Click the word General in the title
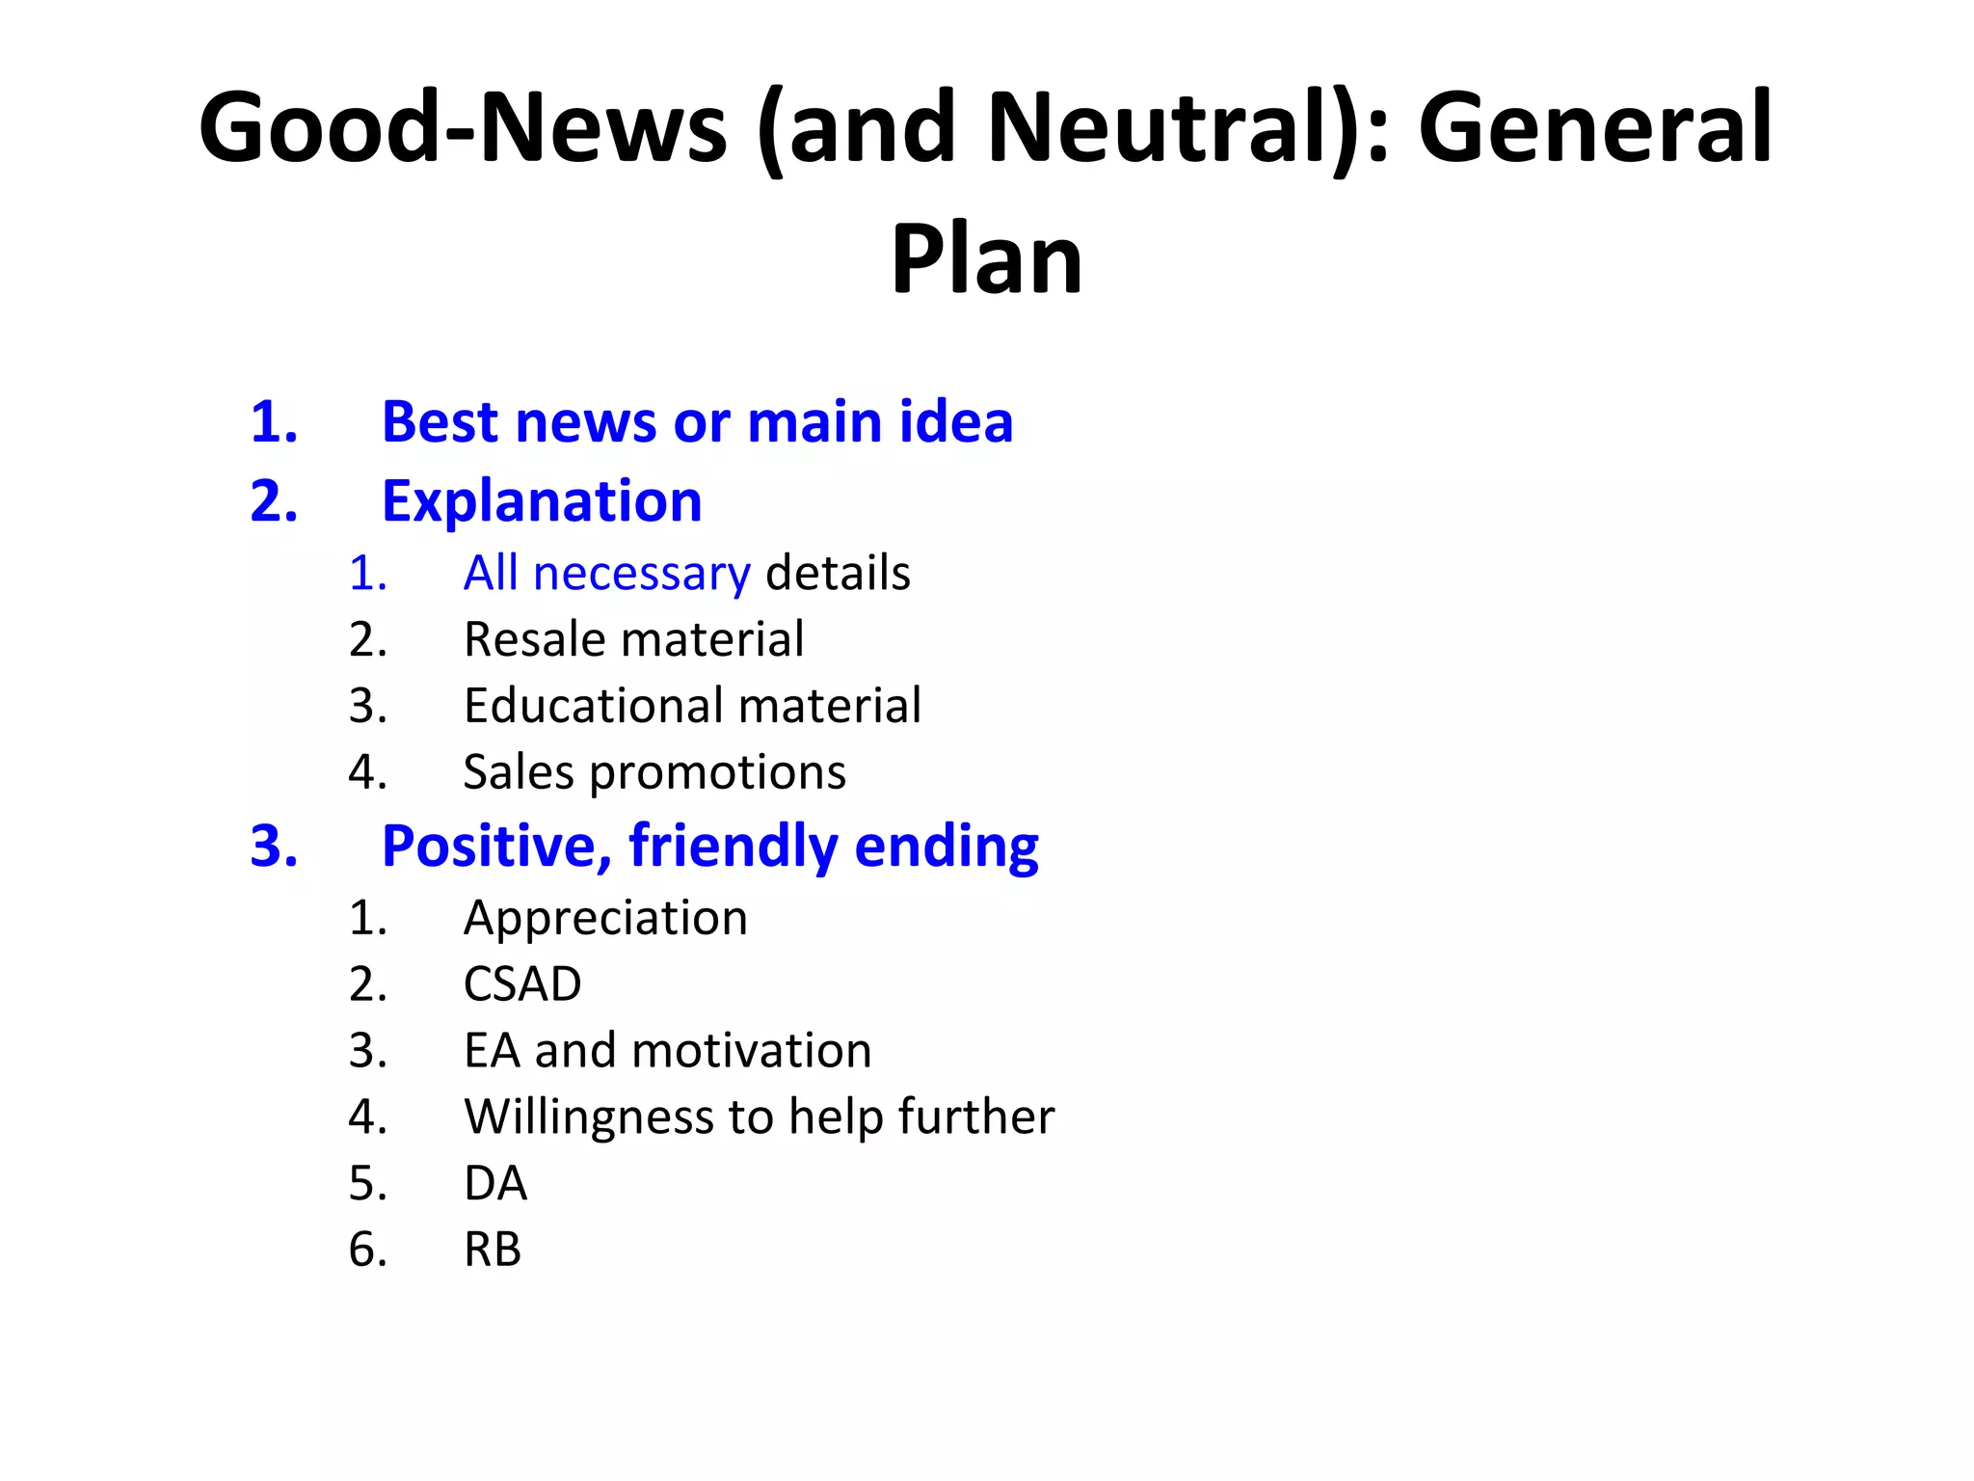(x=1595, y=128)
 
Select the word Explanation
(x=542, y=502)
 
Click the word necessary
(x=641, y=575)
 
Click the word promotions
(x=717, y=773)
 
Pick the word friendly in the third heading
(x=733, y=847)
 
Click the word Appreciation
(x=605, y=918)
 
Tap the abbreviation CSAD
(x=522, y=984)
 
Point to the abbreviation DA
(x=495, y=1184)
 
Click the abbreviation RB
(x=493, y=1251)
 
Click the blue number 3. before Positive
(x=274, y=847)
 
